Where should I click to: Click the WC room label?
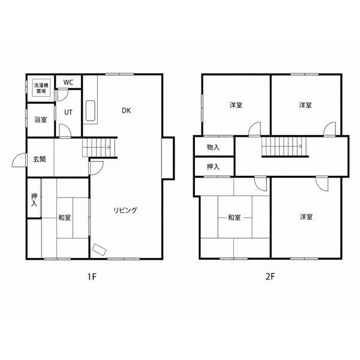68,82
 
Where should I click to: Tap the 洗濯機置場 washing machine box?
41,88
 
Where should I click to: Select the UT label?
68,113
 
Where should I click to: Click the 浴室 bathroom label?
41,119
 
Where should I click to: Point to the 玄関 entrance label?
40,159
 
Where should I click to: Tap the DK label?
126,110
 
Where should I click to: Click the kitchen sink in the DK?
91,110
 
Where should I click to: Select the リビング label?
125,210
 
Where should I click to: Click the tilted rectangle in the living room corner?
99,250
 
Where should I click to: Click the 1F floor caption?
92,277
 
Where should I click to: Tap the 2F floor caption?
270,277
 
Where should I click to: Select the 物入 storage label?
213,148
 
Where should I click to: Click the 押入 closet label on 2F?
213,167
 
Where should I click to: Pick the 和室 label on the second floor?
234,217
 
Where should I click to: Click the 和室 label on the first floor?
65,217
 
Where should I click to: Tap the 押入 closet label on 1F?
34,200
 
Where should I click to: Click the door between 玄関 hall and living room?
97,168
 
